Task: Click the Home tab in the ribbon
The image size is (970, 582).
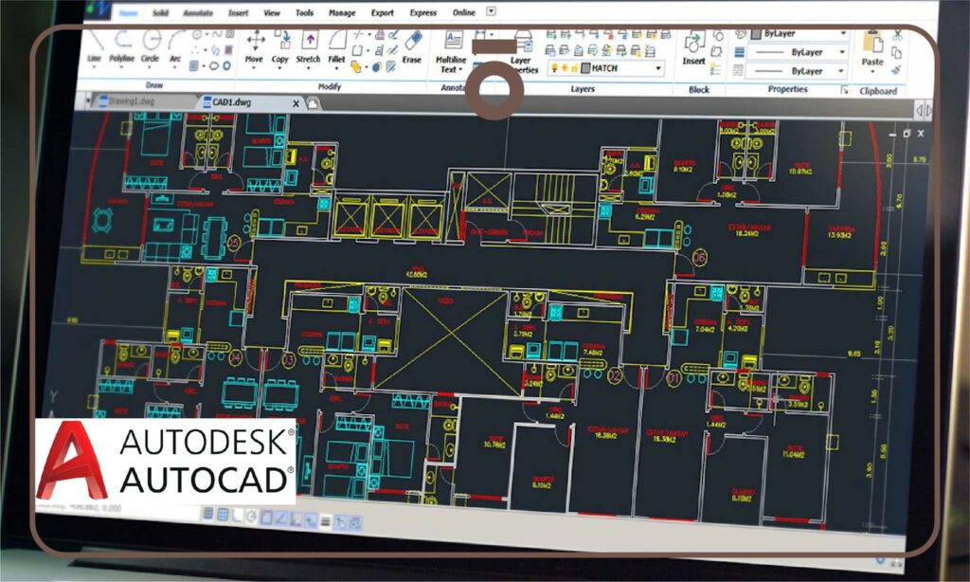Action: click(x=129, y=13)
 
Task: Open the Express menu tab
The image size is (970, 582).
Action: click(x=422, y=13)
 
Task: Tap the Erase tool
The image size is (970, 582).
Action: click(x=412, y=45)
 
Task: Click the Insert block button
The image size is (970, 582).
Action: click(x=694, y=47)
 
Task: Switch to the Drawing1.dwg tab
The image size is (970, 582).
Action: click(x=131, y=101)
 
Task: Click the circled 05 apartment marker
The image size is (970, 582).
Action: click(x=235, y=244)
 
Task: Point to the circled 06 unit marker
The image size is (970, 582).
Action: click(x=700, y=257)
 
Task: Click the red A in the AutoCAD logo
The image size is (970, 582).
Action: click(x=72, y=459)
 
